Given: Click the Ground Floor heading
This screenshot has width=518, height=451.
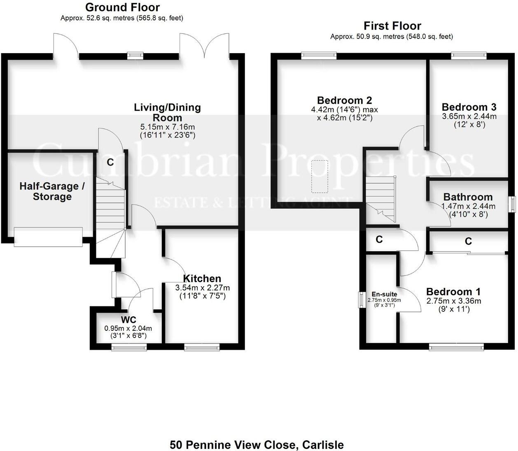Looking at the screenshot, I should [122, 7].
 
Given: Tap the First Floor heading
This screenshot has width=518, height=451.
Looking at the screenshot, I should [392, 26].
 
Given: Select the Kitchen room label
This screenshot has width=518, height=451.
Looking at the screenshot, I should [202, 279].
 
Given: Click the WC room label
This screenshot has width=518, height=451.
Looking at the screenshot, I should [128, 320].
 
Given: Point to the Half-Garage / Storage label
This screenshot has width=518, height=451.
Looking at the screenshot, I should [52, 192].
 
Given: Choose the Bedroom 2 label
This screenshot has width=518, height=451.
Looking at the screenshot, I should [344, 100].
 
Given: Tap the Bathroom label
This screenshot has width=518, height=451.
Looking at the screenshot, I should [468, 197].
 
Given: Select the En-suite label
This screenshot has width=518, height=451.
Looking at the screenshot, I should [384, 294].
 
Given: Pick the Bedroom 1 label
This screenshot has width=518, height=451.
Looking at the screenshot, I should [453, 292].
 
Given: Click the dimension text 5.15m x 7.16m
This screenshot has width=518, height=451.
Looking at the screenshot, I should [168, 127].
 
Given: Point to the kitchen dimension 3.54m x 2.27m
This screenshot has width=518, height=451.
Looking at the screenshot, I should [202, 287].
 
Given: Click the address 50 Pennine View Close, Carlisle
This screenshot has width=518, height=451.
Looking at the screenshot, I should [257, 445].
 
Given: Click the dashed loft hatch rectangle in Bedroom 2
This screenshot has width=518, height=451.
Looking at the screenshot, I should [320, 176].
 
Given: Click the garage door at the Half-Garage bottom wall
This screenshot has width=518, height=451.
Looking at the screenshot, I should [48, 237].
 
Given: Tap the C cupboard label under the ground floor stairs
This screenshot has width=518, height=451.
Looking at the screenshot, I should [110, 162].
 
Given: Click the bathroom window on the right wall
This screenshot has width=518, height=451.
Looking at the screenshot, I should [512, 204].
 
